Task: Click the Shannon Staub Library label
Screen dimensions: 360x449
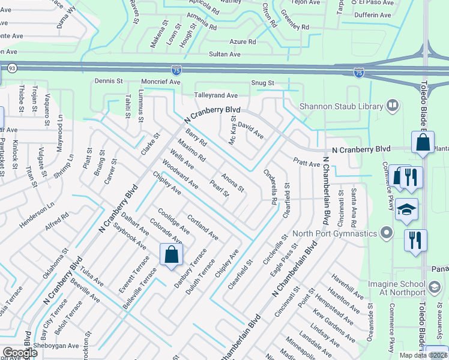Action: (340, 106)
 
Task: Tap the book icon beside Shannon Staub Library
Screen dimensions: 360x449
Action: (393, 106)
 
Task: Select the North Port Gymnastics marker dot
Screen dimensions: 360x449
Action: (387, 233)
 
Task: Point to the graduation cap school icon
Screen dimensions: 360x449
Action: (406, 209)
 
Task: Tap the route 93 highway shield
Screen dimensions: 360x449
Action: (13, 69)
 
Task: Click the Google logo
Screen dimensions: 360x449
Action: (20, 353)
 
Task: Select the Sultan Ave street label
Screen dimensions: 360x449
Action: (224, 54)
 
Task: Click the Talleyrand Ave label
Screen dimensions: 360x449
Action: (215, 95)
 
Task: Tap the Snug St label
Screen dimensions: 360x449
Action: (263, 83)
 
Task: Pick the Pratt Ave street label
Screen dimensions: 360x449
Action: (306, 163)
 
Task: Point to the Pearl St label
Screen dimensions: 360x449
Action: (219, 188)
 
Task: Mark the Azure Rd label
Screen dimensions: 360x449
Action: (243, 42)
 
